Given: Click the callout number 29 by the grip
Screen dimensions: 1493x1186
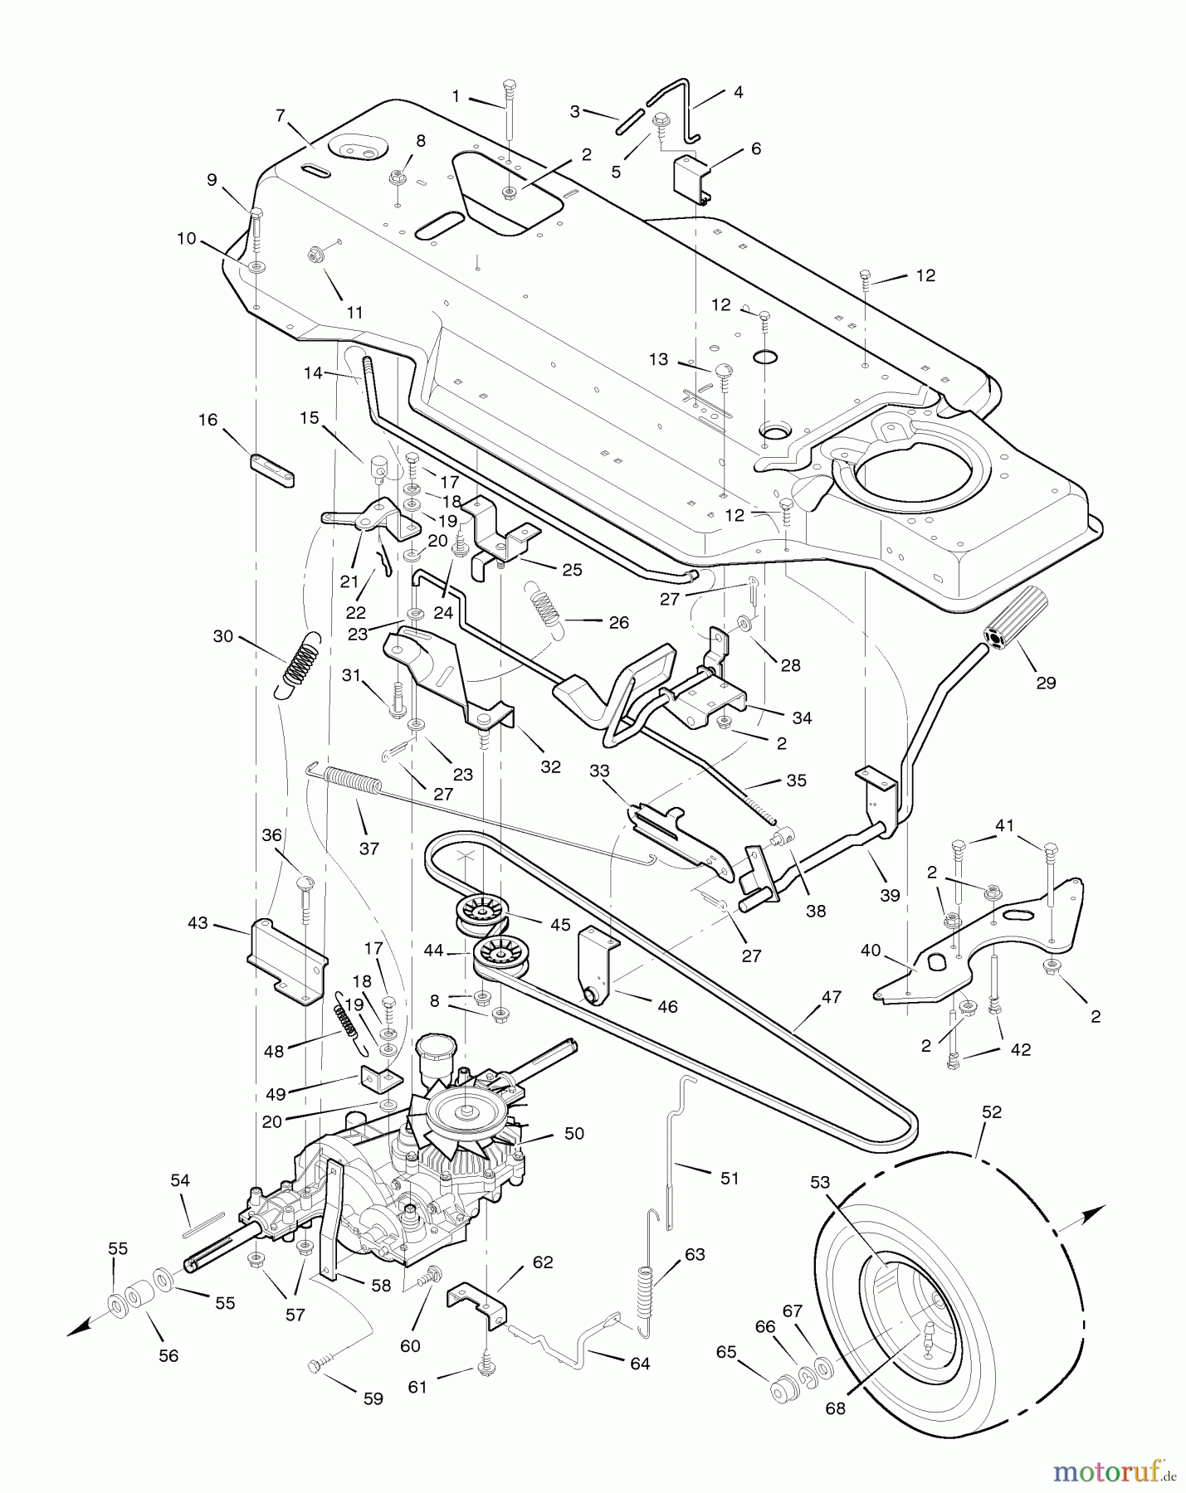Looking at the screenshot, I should tap(1046, 683).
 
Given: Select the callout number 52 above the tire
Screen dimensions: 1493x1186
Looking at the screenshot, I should tap(992, 1112).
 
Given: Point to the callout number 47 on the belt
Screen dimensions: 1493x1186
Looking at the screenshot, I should tap(832, 998).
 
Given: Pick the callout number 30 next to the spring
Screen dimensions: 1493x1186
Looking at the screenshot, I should tap(223, 637).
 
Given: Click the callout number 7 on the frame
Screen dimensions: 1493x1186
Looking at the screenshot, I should tap(281, 115).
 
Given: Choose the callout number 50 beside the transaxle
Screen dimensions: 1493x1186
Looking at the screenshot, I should tap(573, 1133).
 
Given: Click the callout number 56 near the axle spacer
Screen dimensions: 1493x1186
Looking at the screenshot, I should tap(168, 1355).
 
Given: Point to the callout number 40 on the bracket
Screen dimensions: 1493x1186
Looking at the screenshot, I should tap(870, 951).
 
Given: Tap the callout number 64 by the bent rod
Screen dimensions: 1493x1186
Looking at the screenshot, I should tap(640, 1364).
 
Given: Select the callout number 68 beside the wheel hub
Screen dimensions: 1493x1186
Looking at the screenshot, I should tap(835, 1408).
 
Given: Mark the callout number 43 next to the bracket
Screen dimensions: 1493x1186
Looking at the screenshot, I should tap(198, 923).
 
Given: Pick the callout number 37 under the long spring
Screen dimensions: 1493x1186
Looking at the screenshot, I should tap(369, 849).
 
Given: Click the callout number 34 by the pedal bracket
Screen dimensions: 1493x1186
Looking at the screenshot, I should tap(802, 718).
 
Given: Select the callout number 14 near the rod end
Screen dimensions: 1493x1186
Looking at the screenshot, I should tap(313, 373).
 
